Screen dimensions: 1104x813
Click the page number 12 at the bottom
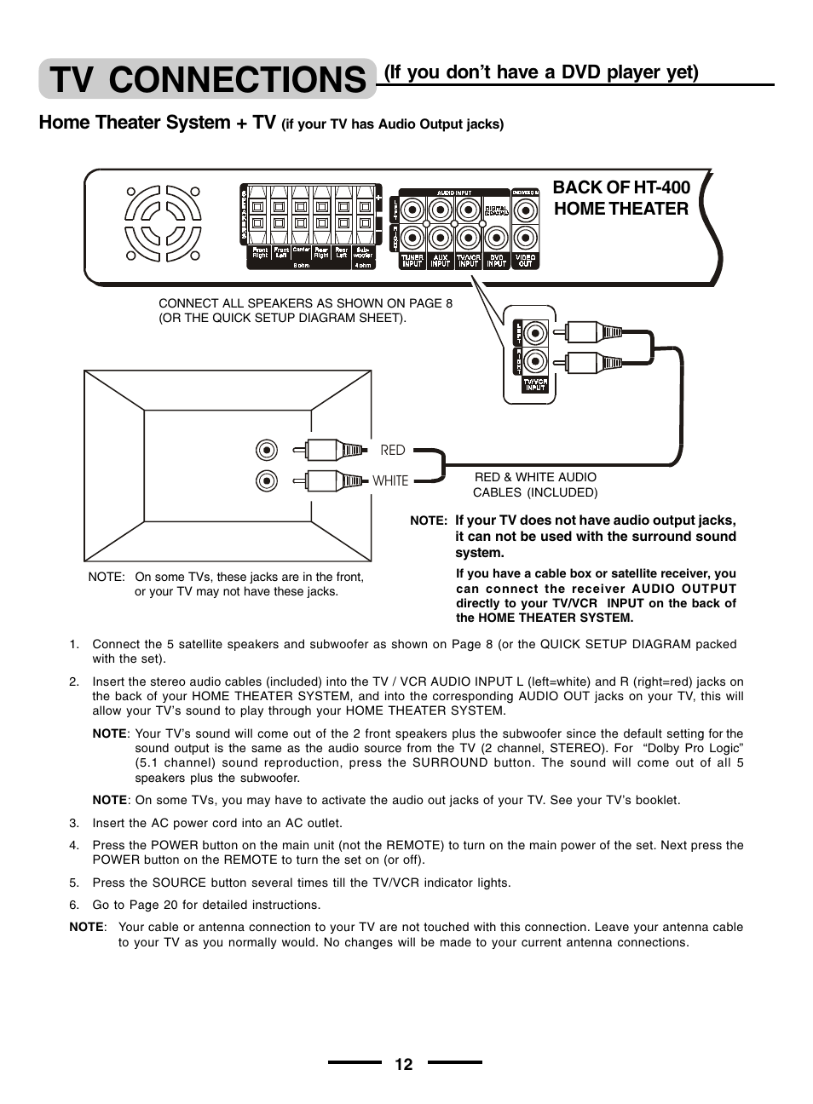404,1064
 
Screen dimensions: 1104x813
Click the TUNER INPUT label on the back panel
412,261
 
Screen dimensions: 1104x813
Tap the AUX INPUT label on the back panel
440,261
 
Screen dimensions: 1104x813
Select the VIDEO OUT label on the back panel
526,261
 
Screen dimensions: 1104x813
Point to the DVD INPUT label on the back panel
497,261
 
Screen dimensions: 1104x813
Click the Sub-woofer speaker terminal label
363,253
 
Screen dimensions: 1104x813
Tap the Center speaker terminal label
301,250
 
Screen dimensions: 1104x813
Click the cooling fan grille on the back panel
164,223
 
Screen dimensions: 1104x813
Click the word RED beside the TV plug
393,450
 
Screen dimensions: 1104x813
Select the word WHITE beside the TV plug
390,480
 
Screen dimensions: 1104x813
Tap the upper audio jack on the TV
267,450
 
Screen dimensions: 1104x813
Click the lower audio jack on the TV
267,480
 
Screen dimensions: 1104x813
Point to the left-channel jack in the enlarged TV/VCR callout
535,332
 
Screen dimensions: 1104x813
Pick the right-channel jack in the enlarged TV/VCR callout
535,361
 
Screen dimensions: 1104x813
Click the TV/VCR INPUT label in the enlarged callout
535,385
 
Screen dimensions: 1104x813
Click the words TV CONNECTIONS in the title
207,79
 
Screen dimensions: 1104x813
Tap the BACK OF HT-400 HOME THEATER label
620,198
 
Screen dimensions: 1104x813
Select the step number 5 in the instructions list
74,883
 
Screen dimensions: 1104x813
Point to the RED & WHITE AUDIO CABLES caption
535,485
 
